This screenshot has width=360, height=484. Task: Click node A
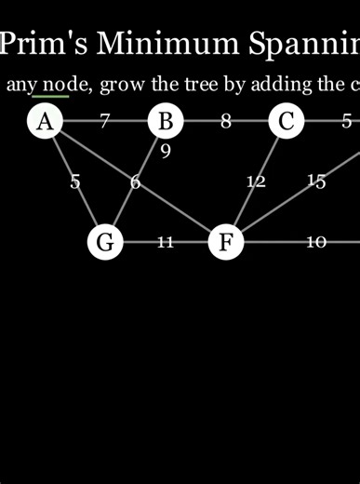click(x=45, y=121)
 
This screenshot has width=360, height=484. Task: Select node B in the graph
click(x=166, y=121)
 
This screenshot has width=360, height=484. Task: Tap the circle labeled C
click(x=287, y=121)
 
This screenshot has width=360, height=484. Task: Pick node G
click(x=105, y=242)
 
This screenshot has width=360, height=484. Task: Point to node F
click(x=226, y=242)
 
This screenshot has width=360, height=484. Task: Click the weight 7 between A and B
click(x=105, y=121)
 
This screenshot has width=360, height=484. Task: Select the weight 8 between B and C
click(x=226, y=121)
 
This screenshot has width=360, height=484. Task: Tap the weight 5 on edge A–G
click(x=75, y=181)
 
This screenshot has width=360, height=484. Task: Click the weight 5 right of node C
click(x=347, y=121)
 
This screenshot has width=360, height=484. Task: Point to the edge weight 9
click(x=166, y=150)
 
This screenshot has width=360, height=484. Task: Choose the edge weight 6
click(x=136, y=181)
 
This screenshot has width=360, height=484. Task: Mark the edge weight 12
click(x=256, y=181)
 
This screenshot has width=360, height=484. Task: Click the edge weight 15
click(x=316, y=181)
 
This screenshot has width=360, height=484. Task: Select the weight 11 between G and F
click(x=166, y=242)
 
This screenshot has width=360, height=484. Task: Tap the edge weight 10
click(x=316, y=242)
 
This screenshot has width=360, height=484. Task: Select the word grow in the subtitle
click(x=122, y=85)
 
